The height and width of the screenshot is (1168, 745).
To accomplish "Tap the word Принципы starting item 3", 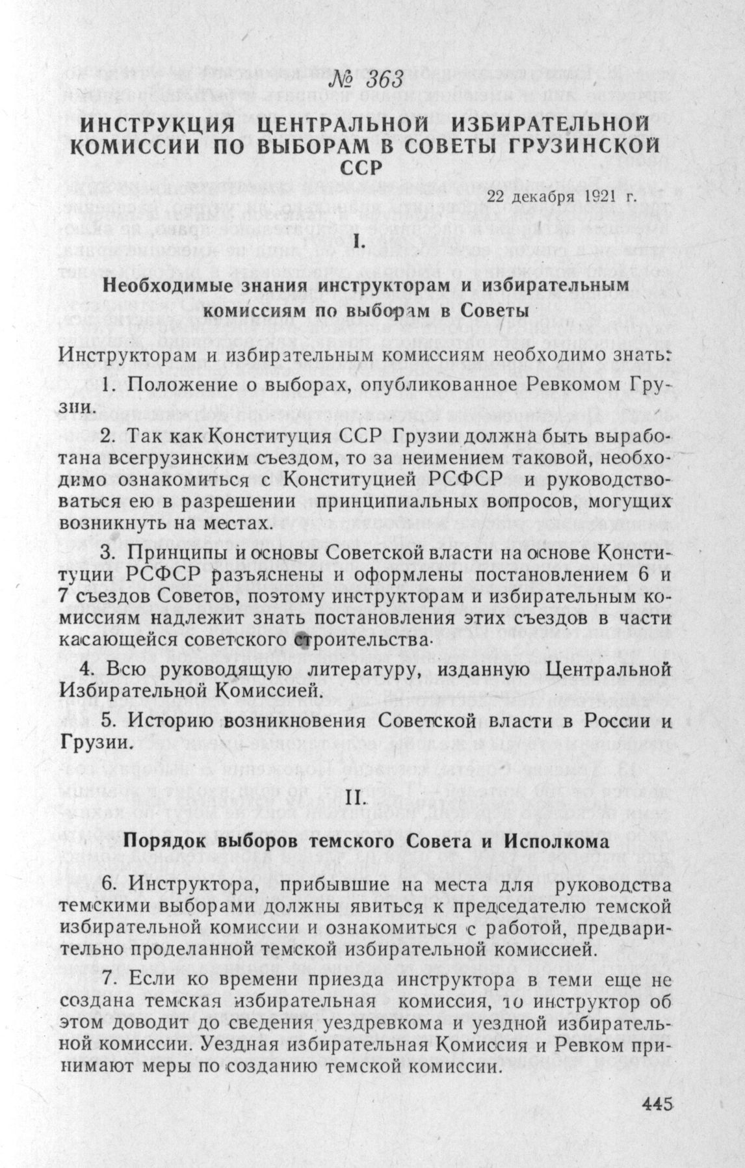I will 177,554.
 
